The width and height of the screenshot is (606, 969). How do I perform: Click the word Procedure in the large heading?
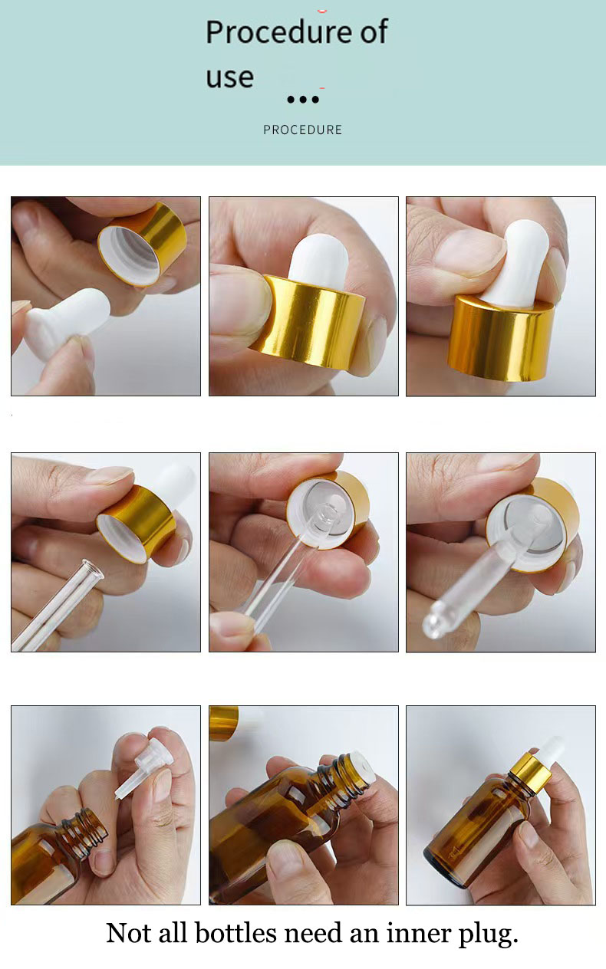pos(268,33)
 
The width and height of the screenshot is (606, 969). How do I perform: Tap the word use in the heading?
pos(229,77)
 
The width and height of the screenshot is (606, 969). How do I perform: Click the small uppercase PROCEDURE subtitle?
pos(302,130)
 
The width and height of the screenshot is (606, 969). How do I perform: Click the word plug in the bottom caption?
pos(484,933)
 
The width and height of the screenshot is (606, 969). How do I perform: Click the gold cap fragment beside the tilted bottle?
pos(223,722)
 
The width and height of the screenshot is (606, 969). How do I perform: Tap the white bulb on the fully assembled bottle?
pos(550,747)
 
